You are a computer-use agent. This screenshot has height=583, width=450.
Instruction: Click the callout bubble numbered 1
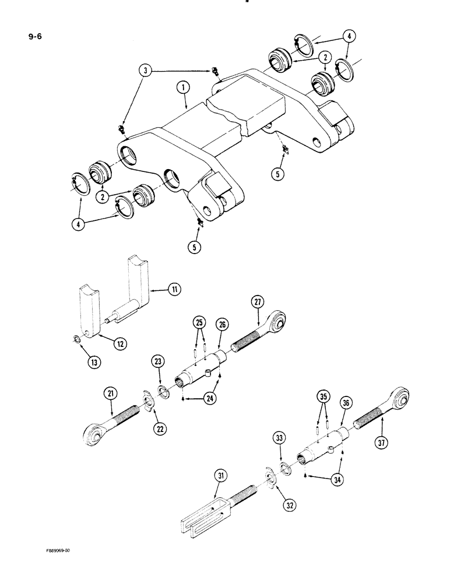[x=182, y=89]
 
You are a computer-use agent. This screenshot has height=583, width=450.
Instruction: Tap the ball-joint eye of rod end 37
[x=401, y=399]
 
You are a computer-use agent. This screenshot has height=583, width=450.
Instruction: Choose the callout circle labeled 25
[x=200, y=322]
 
